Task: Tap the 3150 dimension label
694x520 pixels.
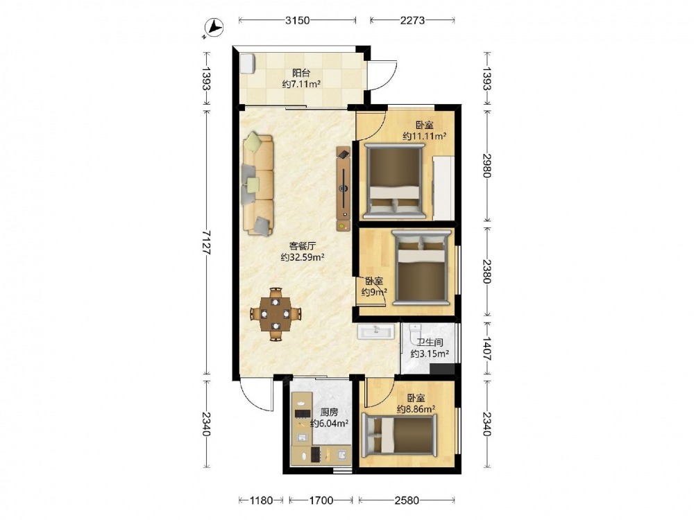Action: click(298, 20)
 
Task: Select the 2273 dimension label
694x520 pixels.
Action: click(412, 20)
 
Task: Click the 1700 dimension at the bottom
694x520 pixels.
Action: click(321, 501)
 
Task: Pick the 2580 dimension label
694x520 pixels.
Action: click(407, 501)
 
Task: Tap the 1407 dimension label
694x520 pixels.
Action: click(487, 349)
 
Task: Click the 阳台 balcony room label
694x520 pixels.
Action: click(301, 73)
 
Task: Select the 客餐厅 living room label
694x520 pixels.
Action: click(303, 246)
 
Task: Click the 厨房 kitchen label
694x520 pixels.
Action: click(329, 412)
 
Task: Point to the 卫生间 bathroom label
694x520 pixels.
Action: click(430, 343)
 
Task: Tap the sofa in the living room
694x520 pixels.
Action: click(257, 183)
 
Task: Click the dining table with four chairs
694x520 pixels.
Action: click(276, 314)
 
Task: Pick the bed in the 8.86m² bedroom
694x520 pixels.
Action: click(399, 435)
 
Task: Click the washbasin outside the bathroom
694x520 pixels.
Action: click(375, 331)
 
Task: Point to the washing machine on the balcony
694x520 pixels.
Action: click(248, 62)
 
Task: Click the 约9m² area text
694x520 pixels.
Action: click(375, 292)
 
